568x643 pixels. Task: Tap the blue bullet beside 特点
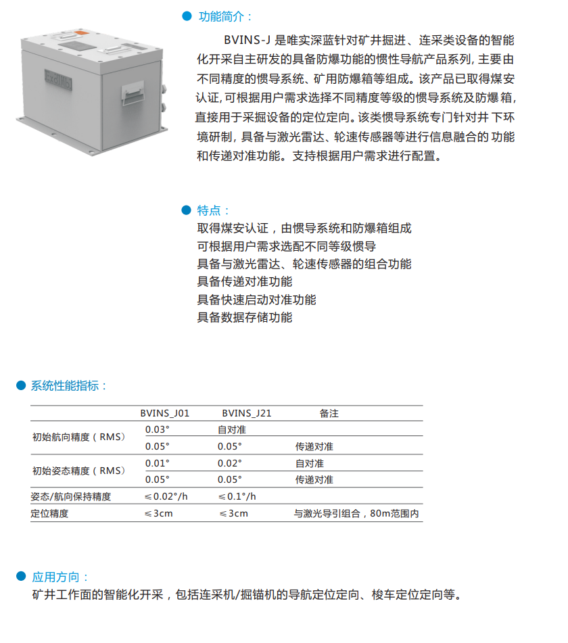pyautogui.click(x=186, y=210)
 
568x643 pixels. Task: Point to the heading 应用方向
pyautogui.click(x=60, y=577)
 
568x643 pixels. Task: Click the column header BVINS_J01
pyautogui.click(x=165, y=413)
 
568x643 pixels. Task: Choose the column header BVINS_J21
pyautogui.click(x=247, y=413)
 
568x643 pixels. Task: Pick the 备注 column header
pyautogui.click(x=329, y=413)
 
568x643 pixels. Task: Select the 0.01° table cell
pyautogui.click(x=157, y=463)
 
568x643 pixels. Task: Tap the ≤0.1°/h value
pyautogui.click(x=237, y=496)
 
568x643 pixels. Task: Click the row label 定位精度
pyautogui.click(x=49, y=513)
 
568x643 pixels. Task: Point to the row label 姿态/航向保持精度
pyautogui.click(x=70, y=496)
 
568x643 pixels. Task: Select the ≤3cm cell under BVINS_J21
pyautogui.click(x=233, y=513)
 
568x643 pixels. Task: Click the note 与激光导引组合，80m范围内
pyautogui.click(x=356, y=513)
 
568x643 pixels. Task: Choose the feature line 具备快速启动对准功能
pyautogui.click(x=256, y=300)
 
